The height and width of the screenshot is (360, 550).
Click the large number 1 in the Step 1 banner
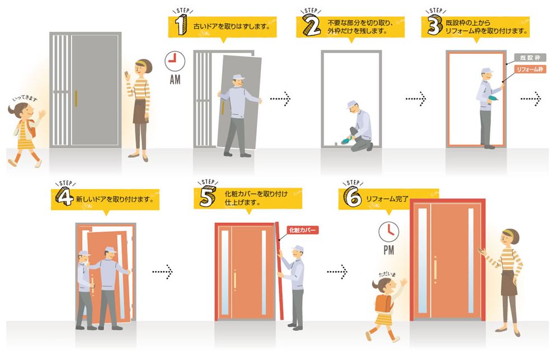click(x=180, y=26)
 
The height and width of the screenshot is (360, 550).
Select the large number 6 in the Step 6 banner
click(x=352, y=198)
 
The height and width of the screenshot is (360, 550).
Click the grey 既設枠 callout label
click(x=529, y=58)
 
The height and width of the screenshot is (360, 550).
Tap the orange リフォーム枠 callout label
click(x=529, y=69)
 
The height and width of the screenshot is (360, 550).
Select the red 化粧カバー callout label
click(x=302, y=230)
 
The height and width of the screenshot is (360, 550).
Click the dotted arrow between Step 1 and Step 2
click(x=280, y=99)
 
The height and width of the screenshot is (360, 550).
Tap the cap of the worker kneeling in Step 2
click(x=352, y=104)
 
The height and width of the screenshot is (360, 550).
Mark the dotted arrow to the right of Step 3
click(x=530, y=99)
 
